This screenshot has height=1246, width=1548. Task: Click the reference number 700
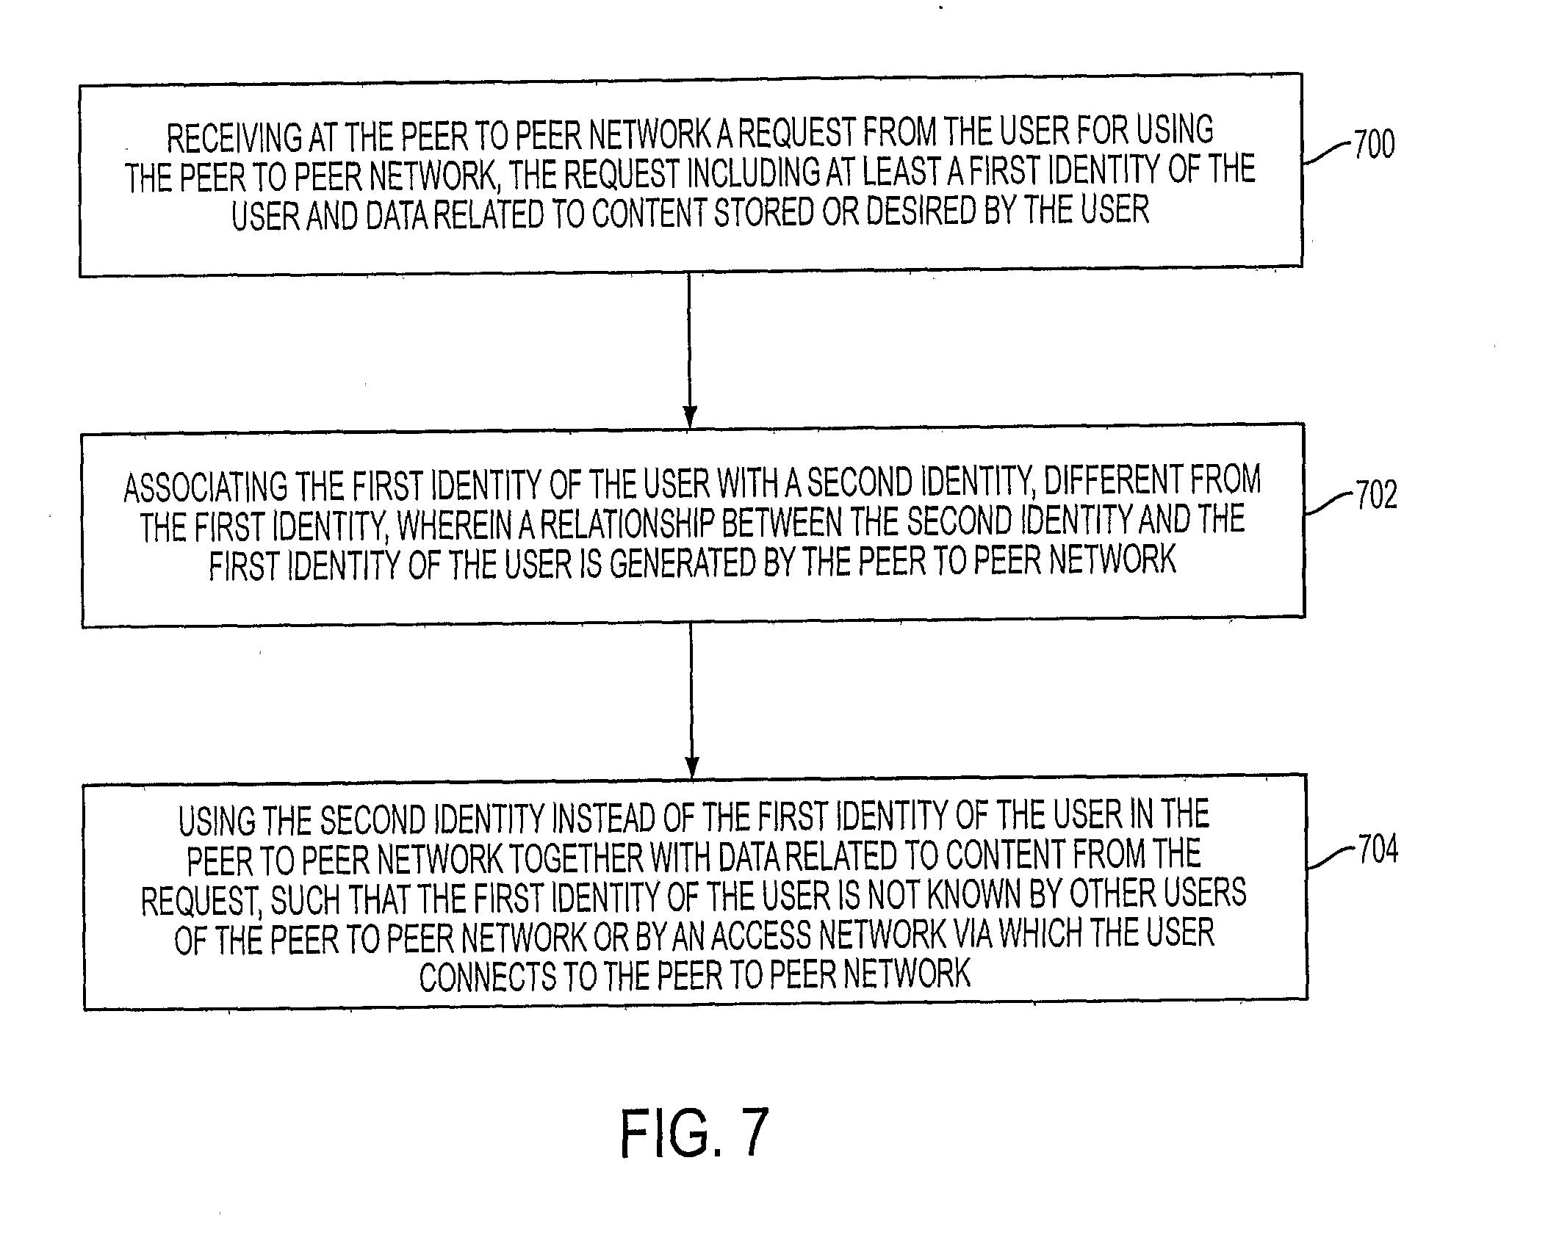[1374, 145]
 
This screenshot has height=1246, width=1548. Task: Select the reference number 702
[1376, 496]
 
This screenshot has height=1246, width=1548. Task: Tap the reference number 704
[1378, 850]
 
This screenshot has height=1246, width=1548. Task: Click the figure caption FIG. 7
[695, 1134]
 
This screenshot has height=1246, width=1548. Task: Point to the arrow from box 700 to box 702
[689, 351]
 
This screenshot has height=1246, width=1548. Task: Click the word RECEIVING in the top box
[234, 138]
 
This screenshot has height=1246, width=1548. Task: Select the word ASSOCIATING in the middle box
[206, 488]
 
